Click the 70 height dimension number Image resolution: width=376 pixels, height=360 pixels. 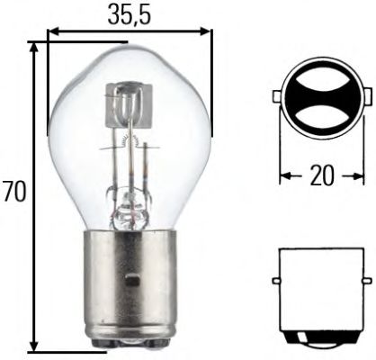[13, 193]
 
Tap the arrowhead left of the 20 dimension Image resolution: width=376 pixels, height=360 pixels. [284, 177]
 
